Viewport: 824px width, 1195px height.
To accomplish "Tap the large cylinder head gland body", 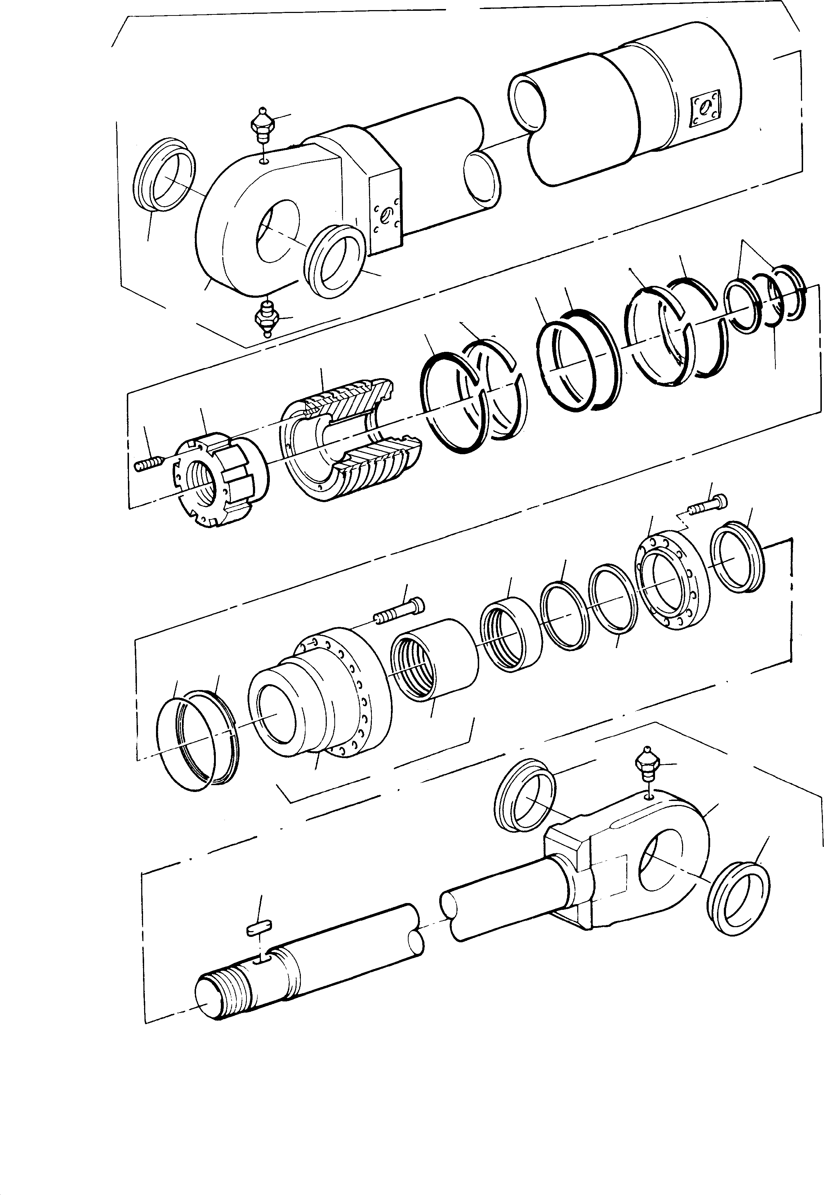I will click(320, 697).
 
